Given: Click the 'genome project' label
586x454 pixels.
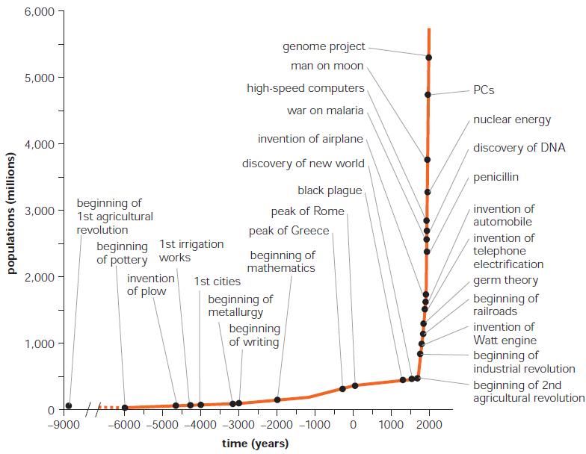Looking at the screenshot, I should click(324, 46).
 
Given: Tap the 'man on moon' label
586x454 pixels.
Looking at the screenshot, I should click(327, 66).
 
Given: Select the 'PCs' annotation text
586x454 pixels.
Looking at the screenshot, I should click(484, 90).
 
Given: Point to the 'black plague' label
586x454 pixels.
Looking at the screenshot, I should click(330, 190).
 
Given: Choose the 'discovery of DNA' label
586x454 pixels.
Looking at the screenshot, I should click(519, 147).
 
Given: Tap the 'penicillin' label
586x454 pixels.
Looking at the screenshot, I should click(496, 177).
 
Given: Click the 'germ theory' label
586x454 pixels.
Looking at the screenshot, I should click(505, 281).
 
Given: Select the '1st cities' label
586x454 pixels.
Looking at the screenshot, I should click(218, 282).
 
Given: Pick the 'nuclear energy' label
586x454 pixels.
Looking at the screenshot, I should click(512, 119).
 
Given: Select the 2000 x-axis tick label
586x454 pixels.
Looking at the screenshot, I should click(429, 425).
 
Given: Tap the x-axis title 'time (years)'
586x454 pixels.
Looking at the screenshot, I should click(255, 444).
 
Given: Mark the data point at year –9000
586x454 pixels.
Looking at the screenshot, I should click(69, 406).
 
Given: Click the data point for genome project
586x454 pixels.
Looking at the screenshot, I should click(428, 57).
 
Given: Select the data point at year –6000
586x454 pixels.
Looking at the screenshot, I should click(125, 408).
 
